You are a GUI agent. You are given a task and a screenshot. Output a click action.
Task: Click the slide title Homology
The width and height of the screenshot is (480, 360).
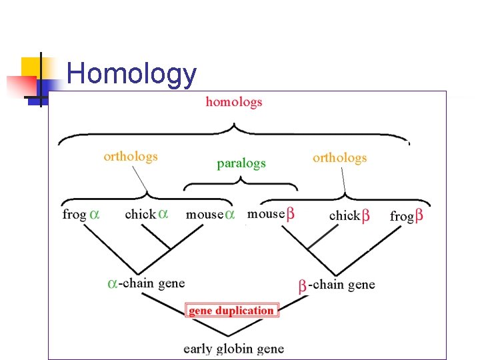pos(131,74)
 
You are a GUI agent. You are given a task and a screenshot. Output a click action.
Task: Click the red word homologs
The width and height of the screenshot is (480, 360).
pos(234,102)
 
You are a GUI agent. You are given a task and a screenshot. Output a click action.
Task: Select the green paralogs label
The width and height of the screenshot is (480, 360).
pos(241,163)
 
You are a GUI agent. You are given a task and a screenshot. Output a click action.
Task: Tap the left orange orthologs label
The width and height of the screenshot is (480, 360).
pos(131,157)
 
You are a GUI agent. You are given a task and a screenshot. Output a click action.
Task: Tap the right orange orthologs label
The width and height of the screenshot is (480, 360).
pos(339,158)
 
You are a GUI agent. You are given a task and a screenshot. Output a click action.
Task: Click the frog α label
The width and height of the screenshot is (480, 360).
pos(81,214)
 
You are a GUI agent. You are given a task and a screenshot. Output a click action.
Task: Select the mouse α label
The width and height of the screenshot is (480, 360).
pos(210,214)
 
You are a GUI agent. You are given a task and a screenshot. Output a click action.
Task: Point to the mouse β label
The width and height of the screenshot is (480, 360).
pos(271,214)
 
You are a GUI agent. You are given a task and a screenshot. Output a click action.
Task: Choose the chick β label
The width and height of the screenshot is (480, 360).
pos(349,215)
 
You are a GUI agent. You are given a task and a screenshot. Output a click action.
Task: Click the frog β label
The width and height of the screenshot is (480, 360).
pos(406,215)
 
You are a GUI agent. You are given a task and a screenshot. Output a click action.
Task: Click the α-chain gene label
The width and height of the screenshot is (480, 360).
pos(147,283)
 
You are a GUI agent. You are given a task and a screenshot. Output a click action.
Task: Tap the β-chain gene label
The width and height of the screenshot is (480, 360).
pos(337,285)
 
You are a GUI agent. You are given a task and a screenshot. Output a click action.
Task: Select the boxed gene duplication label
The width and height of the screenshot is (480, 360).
pos(231,311)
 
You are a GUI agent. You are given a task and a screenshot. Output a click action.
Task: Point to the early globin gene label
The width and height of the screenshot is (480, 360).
pos(233,349)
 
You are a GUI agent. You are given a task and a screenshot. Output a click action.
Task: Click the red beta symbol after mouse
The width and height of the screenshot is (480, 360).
pos(291,214)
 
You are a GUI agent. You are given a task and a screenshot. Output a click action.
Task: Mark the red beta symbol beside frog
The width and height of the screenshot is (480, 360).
pos(419,215)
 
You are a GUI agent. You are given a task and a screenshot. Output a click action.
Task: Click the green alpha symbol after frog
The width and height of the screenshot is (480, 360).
pos(95,214)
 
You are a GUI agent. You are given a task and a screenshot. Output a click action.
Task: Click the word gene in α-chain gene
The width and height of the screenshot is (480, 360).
pos(172,283)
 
